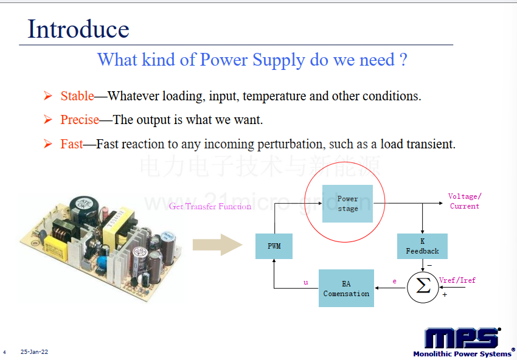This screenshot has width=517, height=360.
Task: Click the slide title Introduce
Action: (78, 29)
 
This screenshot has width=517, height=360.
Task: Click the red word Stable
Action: (77, 96)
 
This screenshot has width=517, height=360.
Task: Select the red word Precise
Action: (80, 120)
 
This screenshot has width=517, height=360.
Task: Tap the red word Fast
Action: (72, 144)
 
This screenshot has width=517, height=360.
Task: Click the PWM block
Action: (274, 246)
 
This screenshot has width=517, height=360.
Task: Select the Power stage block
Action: (347, 204)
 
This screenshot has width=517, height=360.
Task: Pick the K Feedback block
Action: (422, 246)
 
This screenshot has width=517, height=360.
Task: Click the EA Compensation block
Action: (346, 288)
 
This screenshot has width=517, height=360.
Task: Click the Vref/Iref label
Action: (457, 280)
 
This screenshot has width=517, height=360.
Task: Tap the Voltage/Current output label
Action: (465, 201)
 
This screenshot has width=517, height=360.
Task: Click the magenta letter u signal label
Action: (306, 282)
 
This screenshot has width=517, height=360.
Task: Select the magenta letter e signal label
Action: (394, 281)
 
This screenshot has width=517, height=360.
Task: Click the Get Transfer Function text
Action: (210, 206)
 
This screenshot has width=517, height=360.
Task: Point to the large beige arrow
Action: (218, 244)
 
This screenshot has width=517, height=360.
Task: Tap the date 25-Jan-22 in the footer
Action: (34, 351)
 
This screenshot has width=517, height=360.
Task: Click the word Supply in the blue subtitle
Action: (279, 60)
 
